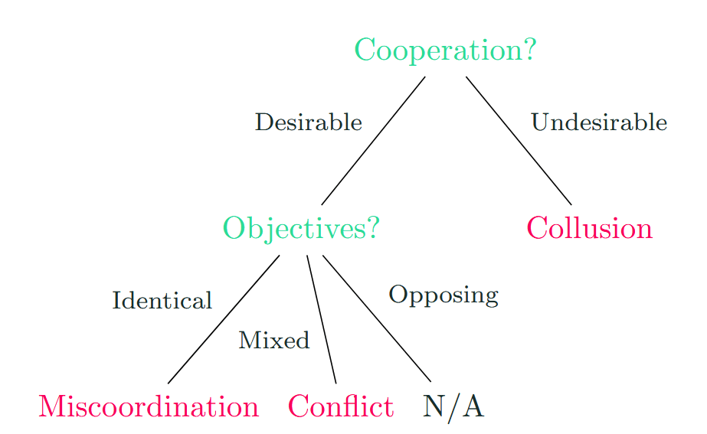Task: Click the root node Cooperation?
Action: coord(444,51)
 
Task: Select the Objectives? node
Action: coord(301,228)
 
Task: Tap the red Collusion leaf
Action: coord(589,228)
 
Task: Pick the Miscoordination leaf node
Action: coord(149,406)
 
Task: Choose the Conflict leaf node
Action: coord(341,406)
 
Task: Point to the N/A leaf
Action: coord(453,406)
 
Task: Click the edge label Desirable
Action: coord(308,122)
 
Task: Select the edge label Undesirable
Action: coord(598,122)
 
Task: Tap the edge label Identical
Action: coord(162,301)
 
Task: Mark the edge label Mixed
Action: coord(273,341)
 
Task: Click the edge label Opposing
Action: coord(444,295)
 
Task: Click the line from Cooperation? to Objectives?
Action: coord(373,141)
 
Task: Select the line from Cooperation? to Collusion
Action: coord(519,141)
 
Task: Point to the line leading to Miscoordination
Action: coord(224,318)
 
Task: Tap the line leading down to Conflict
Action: coord(322,318)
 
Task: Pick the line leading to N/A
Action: coord(377,318)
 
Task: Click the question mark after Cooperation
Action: coord(528,51)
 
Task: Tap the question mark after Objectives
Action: coord(372,228)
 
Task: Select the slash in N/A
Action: coord(453,406)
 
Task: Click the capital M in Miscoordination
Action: coord(53,406)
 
